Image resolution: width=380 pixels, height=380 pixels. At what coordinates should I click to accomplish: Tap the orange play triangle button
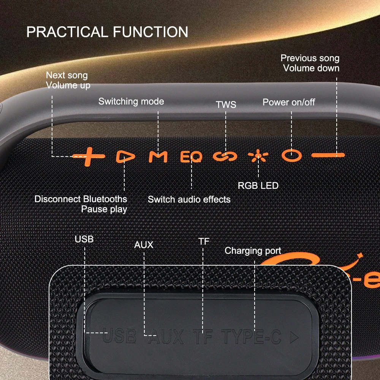click(x=125, y=157)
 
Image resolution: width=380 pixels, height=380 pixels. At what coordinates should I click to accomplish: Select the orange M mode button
click(x=158, y=157)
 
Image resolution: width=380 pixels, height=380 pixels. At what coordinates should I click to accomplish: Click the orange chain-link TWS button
click(x=225, y=156)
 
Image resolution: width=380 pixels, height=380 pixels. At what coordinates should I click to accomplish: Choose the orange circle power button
click(x=291, y=155)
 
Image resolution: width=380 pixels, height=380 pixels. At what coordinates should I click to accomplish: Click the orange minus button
click(x=328, y=155)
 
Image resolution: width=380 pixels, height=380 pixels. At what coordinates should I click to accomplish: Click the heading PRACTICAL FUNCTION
click(x=107, y=32)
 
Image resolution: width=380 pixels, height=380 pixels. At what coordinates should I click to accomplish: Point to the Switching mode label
click(x=131, y=101)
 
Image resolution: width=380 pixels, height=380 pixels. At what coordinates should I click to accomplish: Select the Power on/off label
click(x=289, y=102)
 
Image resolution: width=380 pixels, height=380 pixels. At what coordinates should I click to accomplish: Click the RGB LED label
click(x=258, y=186)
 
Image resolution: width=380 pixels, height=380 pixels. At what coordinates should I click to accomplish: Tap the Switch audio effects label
click(x=189, y=199)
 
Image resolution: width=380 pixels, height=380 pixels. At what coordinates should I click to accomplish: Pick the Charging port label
click(x=253, y=251)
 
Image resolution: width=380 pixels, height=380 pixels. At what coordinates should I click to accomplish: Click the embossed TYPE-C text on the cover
click(x=251, y=337)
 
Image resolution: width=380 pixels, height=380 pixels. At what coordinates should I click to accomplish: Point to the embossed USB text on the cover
click(x=119, y=336)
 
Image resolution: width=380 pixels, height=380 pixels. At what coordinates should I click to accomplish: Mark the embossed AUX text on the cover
click(x=166, y=336)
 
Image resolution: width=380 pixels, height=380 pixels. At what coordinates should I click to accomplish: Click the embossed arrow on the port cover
click(x=294, y=337)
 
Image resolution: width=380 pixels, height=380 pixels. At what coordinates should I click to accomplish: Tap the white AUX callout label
click(x=144, y=245)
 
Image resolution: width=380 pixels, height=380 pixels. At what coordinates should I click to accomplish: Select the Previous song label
click(x=310, y=58)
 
